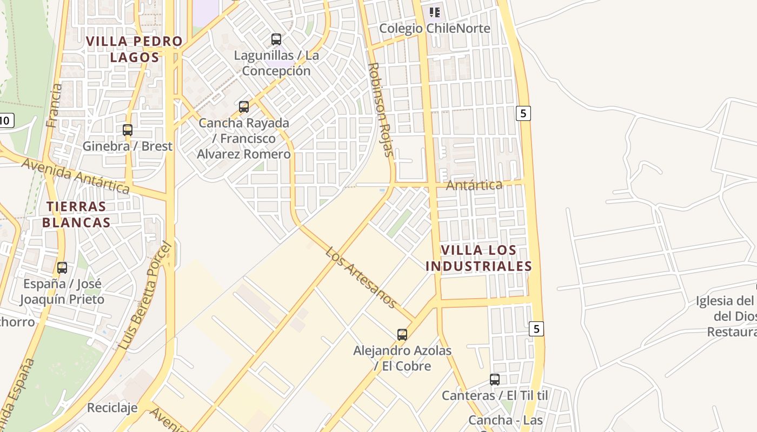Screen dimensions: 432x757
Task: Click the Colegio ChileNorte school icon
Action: tap(435, 12)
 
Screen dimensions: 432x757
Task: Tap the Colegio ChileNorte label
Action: tap(435, 28)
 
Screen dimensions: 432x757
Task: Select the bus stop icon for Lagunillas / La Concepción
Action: tap(276, 39)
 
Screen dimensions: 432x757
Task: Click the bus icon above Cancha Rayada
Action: tap(244, 107)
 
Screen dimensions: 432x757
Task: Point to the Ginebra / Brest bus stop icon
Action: tap(128, 130)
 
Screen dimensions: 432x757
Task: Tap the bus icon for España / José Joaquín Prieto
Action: tap(62, 268)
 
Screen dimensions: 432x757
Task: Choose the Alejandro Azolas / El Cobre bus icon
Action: tap(402, 335)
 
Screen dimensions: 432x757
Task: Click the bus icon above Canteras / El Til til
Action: tap(495, 380)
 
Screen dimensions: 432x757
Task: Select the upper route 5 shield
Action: tap(523, 113)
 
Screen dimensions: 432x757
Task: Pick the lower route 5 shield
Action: tap(536, 328)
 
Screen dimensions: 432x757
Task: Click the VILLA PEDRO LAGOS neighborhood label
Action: tap(135, 49)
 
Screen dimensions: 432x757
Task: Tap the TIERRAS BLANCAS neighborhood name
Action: tap(76, 214)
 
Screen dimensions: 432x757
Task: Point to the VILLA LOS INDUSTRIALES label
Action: tap(479, 258)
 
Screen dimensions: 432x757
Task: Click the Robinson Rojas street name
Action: tap(381, 109)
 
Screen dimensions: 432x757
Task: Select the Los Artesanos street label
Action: tap(361, 278)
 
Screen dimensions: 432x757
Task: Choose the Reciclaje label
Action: tap(112, 408)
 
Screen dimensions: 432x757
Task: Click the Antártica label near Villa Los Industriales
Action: tap(474, 185)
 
